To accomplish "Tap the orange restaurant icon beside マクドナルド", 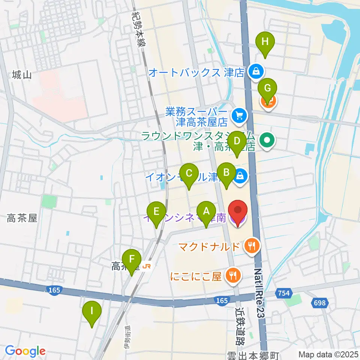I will click(250, 246).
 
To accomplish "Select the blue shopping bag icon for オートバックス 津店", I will click(256, 70).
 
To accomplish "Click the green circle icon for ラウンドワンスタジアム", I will click(268, 141).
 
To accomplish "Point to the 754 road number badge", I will click(284, 293).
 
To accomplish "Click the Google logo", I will click(25, 351).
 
